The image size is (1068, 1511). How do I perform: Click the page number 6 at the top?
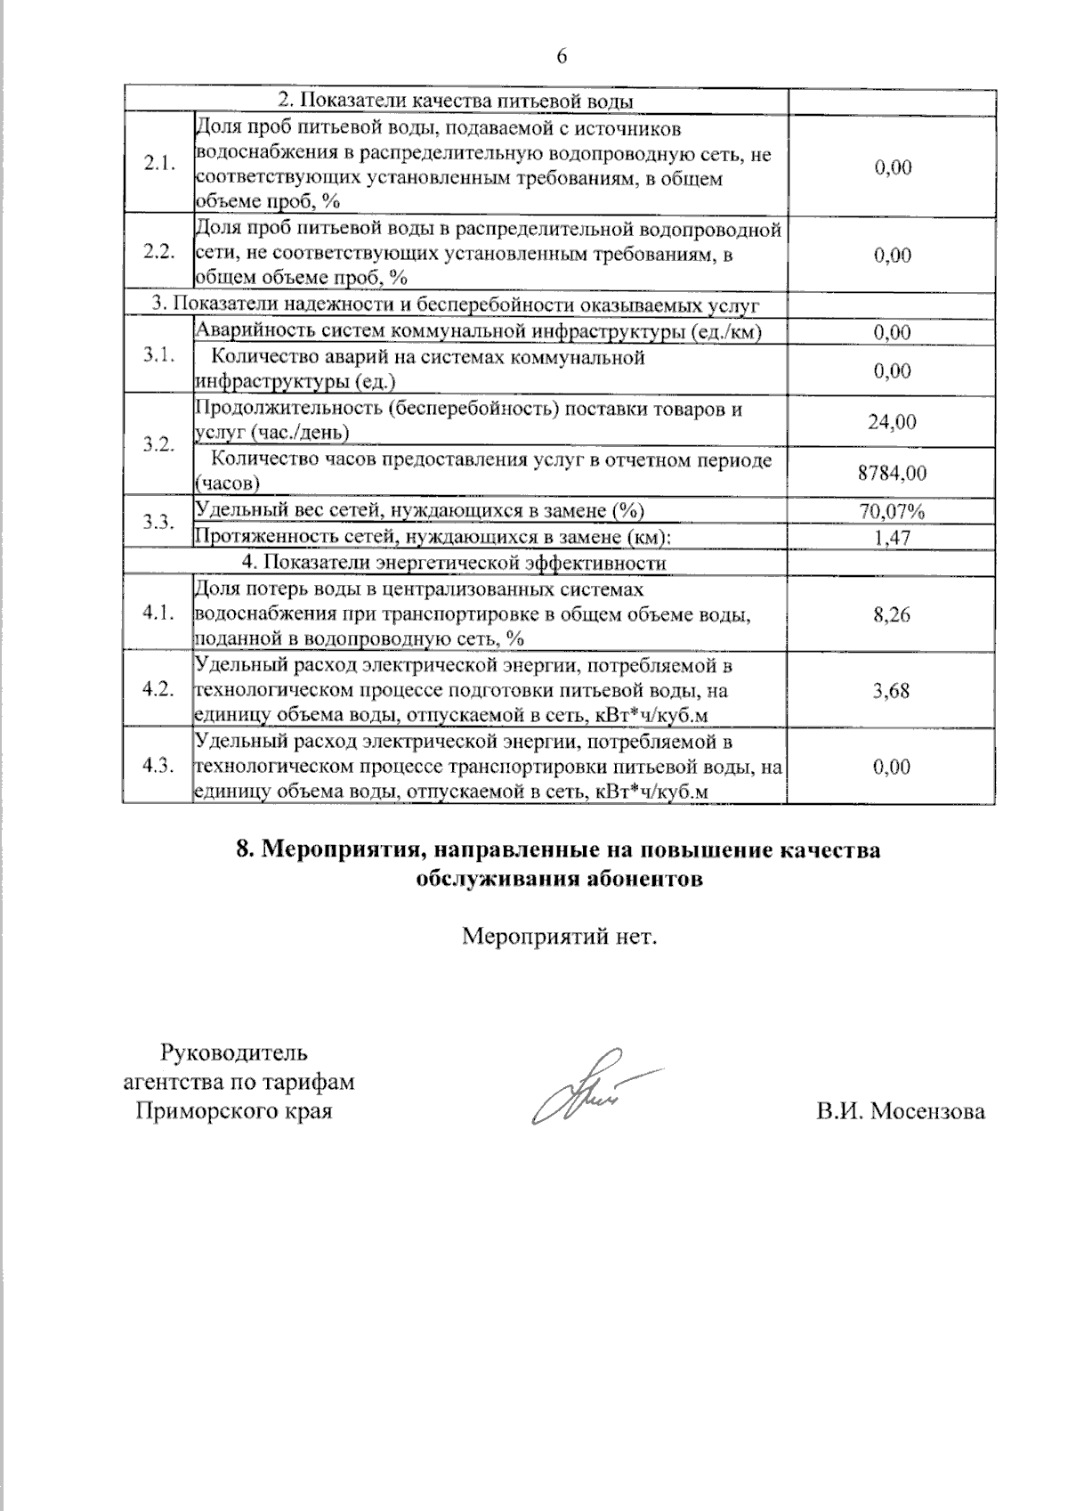click(x=562, y=57)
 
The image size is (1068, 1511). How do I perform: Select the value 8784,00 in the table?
click(x=892, y=473)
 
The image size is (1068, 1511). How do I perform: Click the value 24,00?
click(x=892, y=422)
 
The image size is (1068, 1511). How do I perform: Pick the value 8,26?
click(x=892, y=614)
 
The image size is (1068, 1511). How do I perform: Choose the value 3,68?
click(x=892, y=690)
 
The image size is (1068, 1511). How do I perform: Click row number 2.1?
click(x=158, y=165)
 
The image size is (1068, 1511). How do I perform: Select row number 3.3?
click(x=158, y=523)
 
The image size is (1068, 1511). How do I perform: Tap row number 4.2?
click(x=158, y=690)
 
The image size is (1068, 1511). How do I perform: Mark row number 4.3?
click(x=158, y=767)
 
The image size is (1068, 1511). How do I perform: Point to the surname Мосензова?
click(x=927, y=1112)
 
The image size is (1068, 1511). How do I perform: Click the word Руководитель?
click(x=234, y=1053)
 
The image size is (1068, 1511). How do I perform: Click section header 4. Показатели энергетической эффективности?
click(x=454, y=564)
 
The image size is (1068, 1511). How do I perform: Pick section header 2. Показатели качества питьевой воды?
click(x=457, y=100)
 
